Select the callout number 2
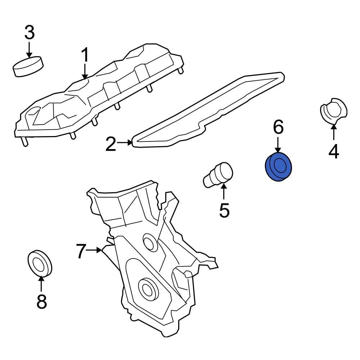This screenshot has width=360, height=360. click(x=111, y=144)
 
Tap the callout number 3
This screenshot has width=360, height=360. click(x=29, y=33)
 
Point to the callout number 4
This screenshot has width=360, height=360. click(x=334, y=151)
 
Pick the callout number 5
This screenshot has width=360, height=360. click(x=224, y=210)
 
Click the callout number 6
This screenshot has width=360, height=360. click(x=278, y=127)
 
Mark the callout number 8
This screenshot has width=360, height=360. click(x=41, y=301)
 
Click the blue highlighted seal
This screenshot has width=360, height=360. click(x=279, y=167)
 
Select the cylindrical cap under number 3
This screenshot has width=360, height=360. click(x=28, y=66)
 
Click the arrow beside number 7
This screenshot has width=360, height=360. click(x=95, y=249)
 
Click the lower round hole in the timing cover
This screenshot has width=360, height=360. click(x=147, y=288)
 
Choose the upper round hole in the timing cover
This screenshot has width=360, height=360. click(x=149, y=242)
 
